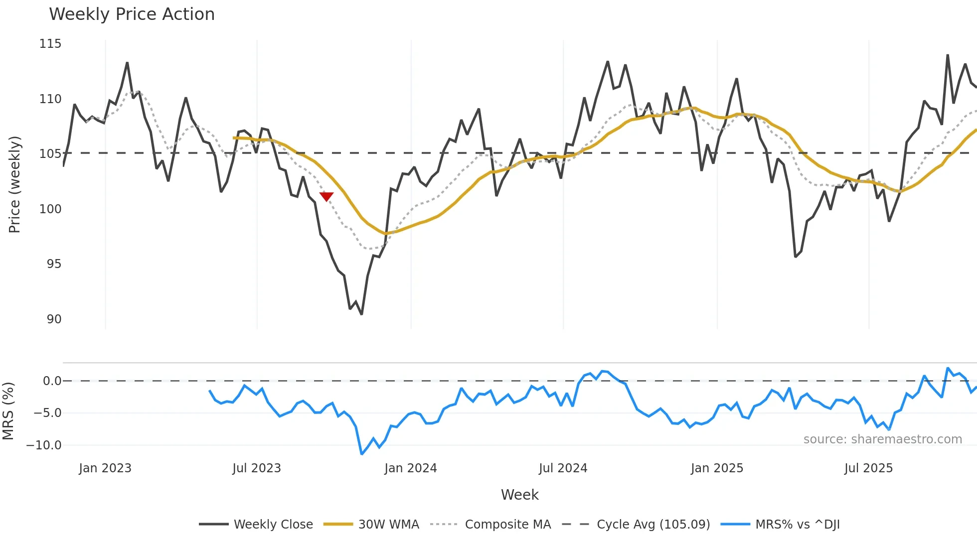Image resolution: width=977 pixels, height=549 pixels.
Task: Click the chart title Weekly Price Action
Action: coord(132,14)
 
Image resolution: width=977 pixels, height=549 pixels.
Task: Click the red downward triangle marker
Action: coord(326,197)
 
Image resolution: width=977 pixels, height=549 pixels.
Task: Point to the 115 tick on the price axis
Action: coord(50,44)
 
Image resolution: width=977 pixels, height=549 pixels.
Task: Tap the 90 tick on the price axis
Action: coord(54,319)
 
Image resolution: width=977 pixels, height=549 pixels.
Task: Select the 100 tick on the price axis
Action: coord(50,209)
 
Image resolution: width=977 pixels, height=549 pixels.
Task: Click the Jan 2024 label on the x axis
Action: coord(410,468)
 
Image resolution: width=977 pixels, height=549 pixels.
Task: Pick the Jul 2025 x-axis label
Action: coord(868,468)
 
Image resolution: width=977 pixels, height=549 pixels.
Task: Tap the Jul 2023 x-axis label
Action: coord(257,468)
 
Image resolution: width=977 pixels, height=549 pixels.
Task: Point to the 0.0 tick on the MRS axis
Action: coord(52,381)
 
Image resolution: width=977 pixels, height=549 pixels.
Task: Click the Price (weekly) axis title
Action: coord(15,184)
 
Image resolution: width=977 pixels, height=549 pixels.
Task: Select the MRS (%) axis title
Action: coord(8,411)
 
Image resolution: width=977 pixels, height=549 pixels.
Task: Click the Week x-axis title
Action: coord(519,495)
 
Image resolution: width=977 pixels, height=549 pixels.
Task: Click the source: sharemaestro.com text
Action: coord(882,439)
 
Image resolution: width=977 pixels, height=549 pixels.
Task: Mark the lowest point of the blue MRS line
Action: coord(362,454)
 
